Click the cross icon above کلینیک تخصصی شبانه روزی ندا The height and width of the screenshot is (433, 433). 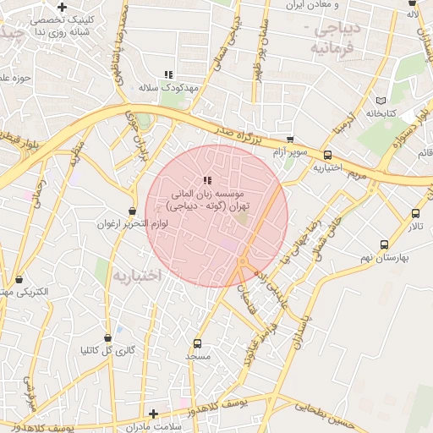click(63, 7)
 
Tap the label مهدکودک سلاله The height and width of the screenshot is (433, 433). click(170, 88)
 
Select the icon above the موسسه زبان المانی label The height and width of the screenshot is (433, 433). click(207, 180)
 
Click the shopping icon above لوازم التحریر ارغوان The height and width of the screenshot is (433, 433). click(132, 211)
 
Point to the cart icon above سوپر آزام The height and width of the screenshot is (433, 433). click(291, 139)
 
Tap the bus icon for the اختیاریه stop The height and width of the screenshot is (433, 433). click(327, 155)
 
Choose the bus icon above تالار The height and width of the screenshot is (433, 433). click(415, 214)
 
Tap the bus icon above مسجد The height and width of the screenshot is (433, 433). click(197, 344)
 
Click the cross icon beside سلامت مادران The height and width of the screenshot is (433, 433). click(153, 414)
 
